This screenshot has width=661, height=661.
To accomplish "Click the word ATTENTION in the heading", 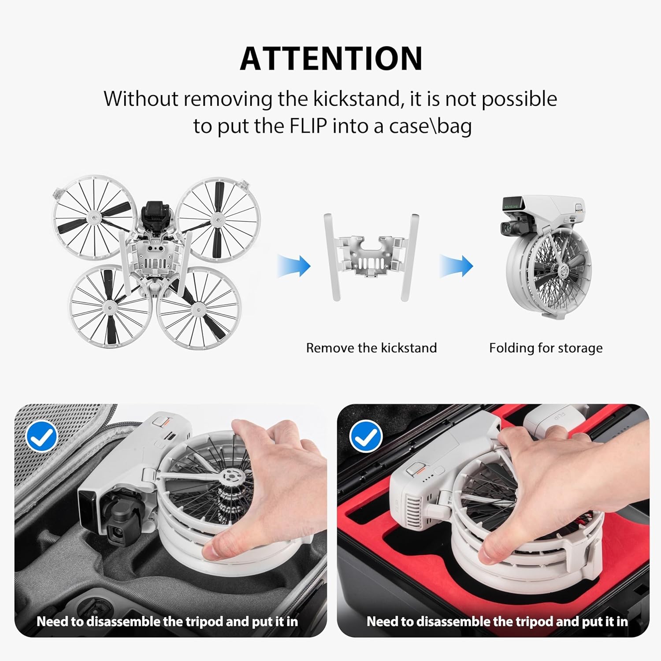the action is tap(331, 59).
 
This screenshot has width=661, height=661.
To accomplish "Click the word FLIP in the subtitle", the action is tap(308, 126).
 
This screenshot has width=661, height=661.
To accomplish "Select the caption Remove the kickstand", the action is tap(371, 348).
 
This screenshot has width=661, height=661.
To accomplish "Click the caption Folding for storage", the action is tap(546, 348).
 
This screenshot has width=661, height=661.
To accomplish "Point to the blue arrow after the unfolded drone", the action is tap(294, 266).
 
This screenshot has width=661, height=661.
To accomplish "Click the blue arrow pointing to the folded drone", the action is tap(456, 266).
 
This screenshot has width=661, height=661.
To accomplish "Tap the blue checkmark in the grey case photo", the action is tap(42, 436).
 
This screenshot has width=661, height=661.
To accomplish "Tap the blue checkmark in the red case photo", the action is tap(365, 436).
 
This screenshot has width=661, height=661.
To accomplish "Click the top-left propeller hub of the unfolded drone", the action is tap(94, 216).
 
